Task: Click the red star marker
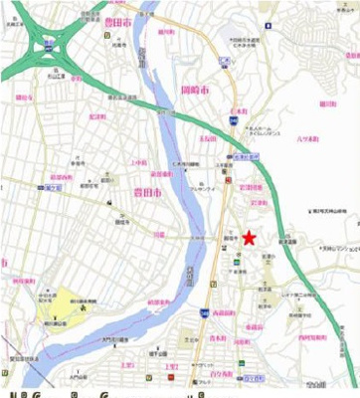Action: pyautogui.click(x=248, y=237)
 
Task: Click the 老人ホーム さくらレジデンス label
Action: pyautogui.click(x=270, y=129)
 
